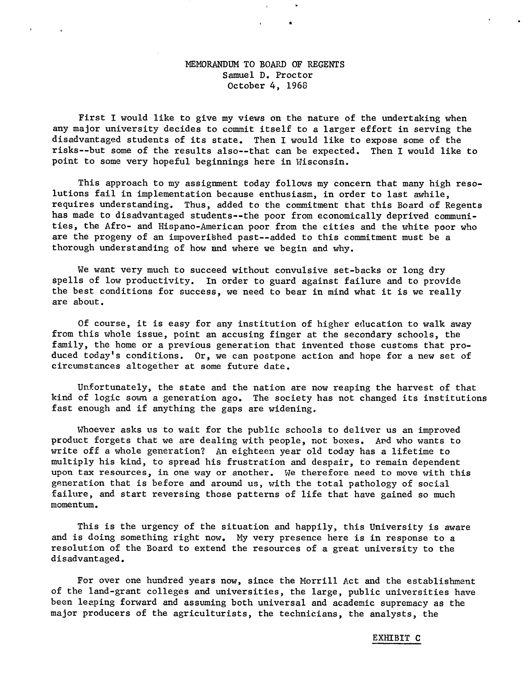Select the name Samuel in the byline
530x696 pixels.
(x=236, y=75)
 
